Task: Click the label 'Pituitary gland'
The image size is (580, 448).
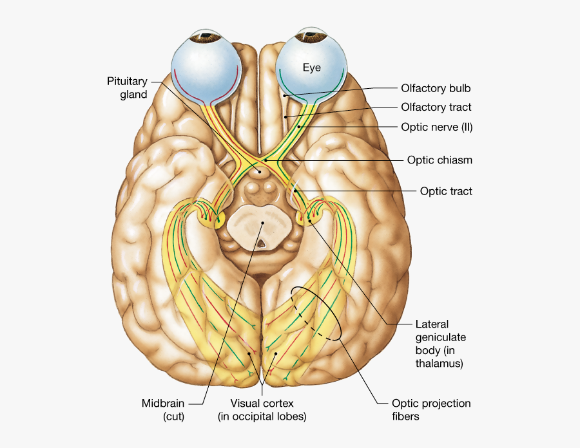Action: (x=128, y=88)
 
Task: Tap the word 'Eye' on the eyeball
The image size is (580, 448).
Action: (x=312, y=67)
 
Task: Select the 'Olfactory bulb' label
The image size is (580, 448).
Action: (x=436, y=88)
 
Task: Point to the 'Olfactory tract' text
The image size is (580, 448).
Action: (x=436, y=107)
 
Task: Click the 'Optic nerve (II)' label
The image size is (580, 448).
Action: (x=437, y=127)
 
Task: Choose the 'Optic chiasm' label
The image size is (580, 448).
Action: (x=440, y=160)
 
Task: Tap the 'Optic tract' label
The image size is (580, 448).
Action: (x=446, y=191)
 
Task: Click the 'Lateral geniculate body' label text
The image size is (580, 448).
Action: (x=441, y=344)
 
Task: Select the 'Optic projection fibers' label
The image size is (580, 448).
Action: (x=431, y=410)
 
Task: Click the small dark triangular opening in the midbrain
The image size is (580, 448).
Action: (x=262, y=244)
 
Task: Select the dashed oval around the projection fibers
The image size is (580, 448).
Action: (x=316, y=313)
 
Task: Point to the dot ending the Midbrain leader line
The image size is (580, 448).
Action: (x=262, y=223)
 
